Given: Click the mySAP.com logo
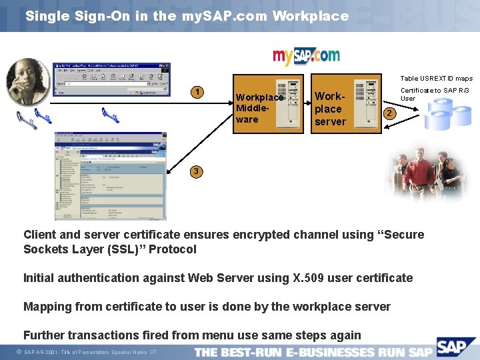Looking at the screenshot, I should [x=306, y=56].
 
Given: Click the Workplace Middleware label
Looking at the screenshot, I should [x=259, y=108].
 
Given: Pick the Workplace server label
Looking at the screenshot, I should [x=330, y=109].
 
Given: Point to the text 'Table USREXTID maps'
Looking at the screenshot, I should [x=436, y=79].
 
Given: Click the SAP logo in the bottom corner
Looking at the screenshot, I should [x=457, y=347].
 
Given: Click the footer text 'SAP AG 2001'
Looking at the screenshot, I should [x=42, y=352].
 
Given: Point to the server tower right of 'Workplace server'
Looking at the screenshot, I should [x=365, y=103].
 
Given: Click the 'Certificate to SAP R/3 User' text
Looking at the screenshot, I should [x=434, y=94].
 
